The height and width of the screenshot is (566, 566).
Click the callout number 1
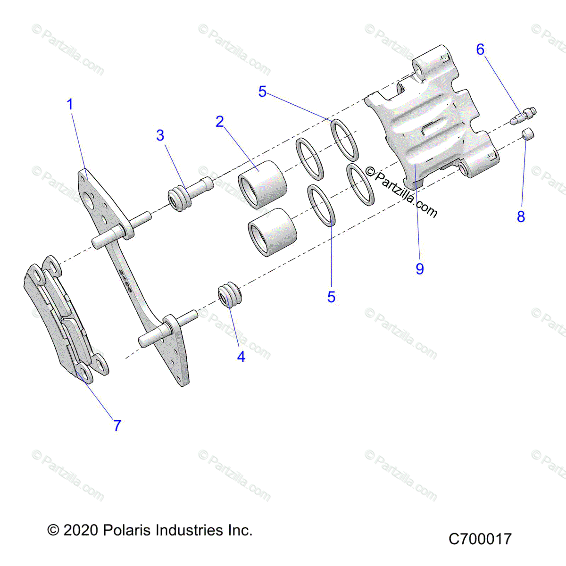[x=70, y=104]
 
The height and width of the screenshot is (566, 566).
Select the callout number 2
[x=220, y=122]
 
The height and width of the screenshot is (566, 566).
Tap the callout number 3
[x=160, y=135]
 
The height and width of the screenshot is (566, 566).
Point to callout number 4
[x=241, y=357]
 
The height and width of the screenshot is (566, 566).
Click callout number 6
[x=480, y=50]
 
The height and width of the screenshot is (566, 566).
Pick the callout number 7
[x=117, y=425]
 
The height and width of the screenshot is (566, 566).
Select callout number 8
[x=521, y=217]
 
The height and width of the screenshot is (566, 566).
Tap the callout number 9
[x=420, y=269]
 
